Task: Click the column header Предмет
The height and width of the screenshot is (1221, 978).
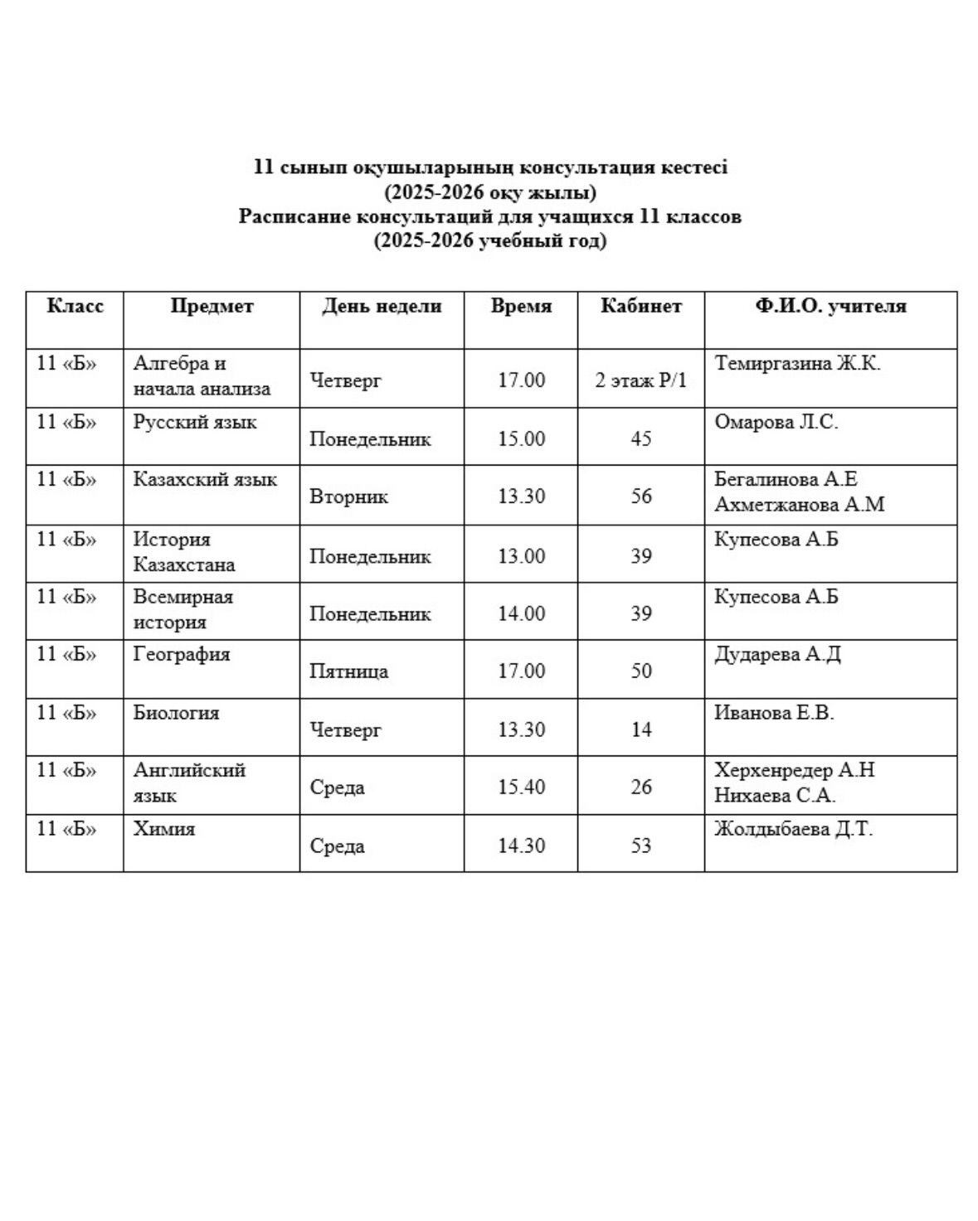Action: click(x=212, y=306)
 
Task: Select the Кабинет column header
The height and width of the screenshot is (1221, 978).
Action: click(x=640, y=306)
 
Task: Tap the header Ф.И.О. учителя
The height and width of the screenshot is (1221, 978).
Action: click(x=830, y=306)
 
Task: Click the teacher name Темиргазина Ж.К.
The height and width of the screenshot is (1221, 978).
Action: click(x=797, y=363)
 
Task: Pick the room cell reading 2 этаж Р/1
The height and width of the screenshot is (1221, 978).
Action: click(x=640, y=381)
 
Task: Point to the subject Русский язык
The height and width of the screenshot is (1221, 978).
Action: click(x=195, y=422)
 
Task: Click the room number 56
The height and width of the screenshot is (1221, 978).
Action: click(x=640, y=497)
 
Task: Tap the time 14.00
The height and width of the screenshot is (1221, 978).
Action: click(x=521, y=614)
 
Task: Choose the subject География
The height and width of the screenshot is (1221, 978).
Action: click(x=182, y=655)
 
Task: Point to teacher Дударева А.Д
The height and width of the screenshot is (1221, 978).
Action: click(x=777, y=655)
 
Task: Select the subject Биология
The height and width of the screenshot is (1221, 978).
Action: click(x=176, y=713)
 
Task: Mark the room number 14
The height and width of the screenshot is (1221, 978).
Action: click(x=640, y=730)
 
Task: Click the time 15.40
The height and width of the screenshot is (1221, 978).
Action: click(x=521, y=787)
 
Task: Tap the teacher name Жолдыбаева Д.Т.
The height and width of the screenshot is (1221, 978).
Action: click(x=793, y=829)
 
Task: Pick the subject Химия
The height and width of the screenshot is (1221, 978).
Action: click(x=164, y=829)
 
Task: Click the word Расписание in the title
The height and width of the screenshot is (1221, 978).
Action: click(x=294, y=217)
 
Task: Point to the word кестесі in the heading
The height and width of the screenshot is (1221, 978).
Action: click(x=694, y=167)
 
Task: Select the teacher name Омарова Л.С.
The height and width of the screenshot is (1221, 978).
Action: click(x=776, y=422)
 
